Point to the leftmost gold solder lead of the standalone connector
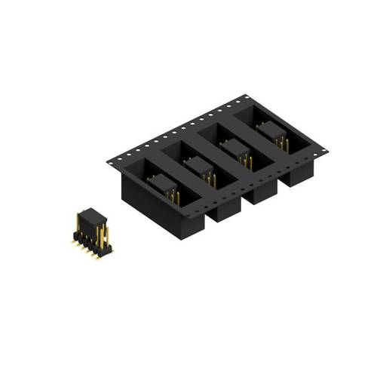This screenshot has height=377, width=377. [75, 242]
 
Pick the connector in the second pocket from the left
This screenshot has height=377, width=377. [198, 167]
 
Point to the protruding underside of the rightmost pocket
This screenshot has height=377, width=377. [298, 178]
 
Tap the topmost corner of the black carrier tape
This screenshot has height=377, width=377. [247, 97]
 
